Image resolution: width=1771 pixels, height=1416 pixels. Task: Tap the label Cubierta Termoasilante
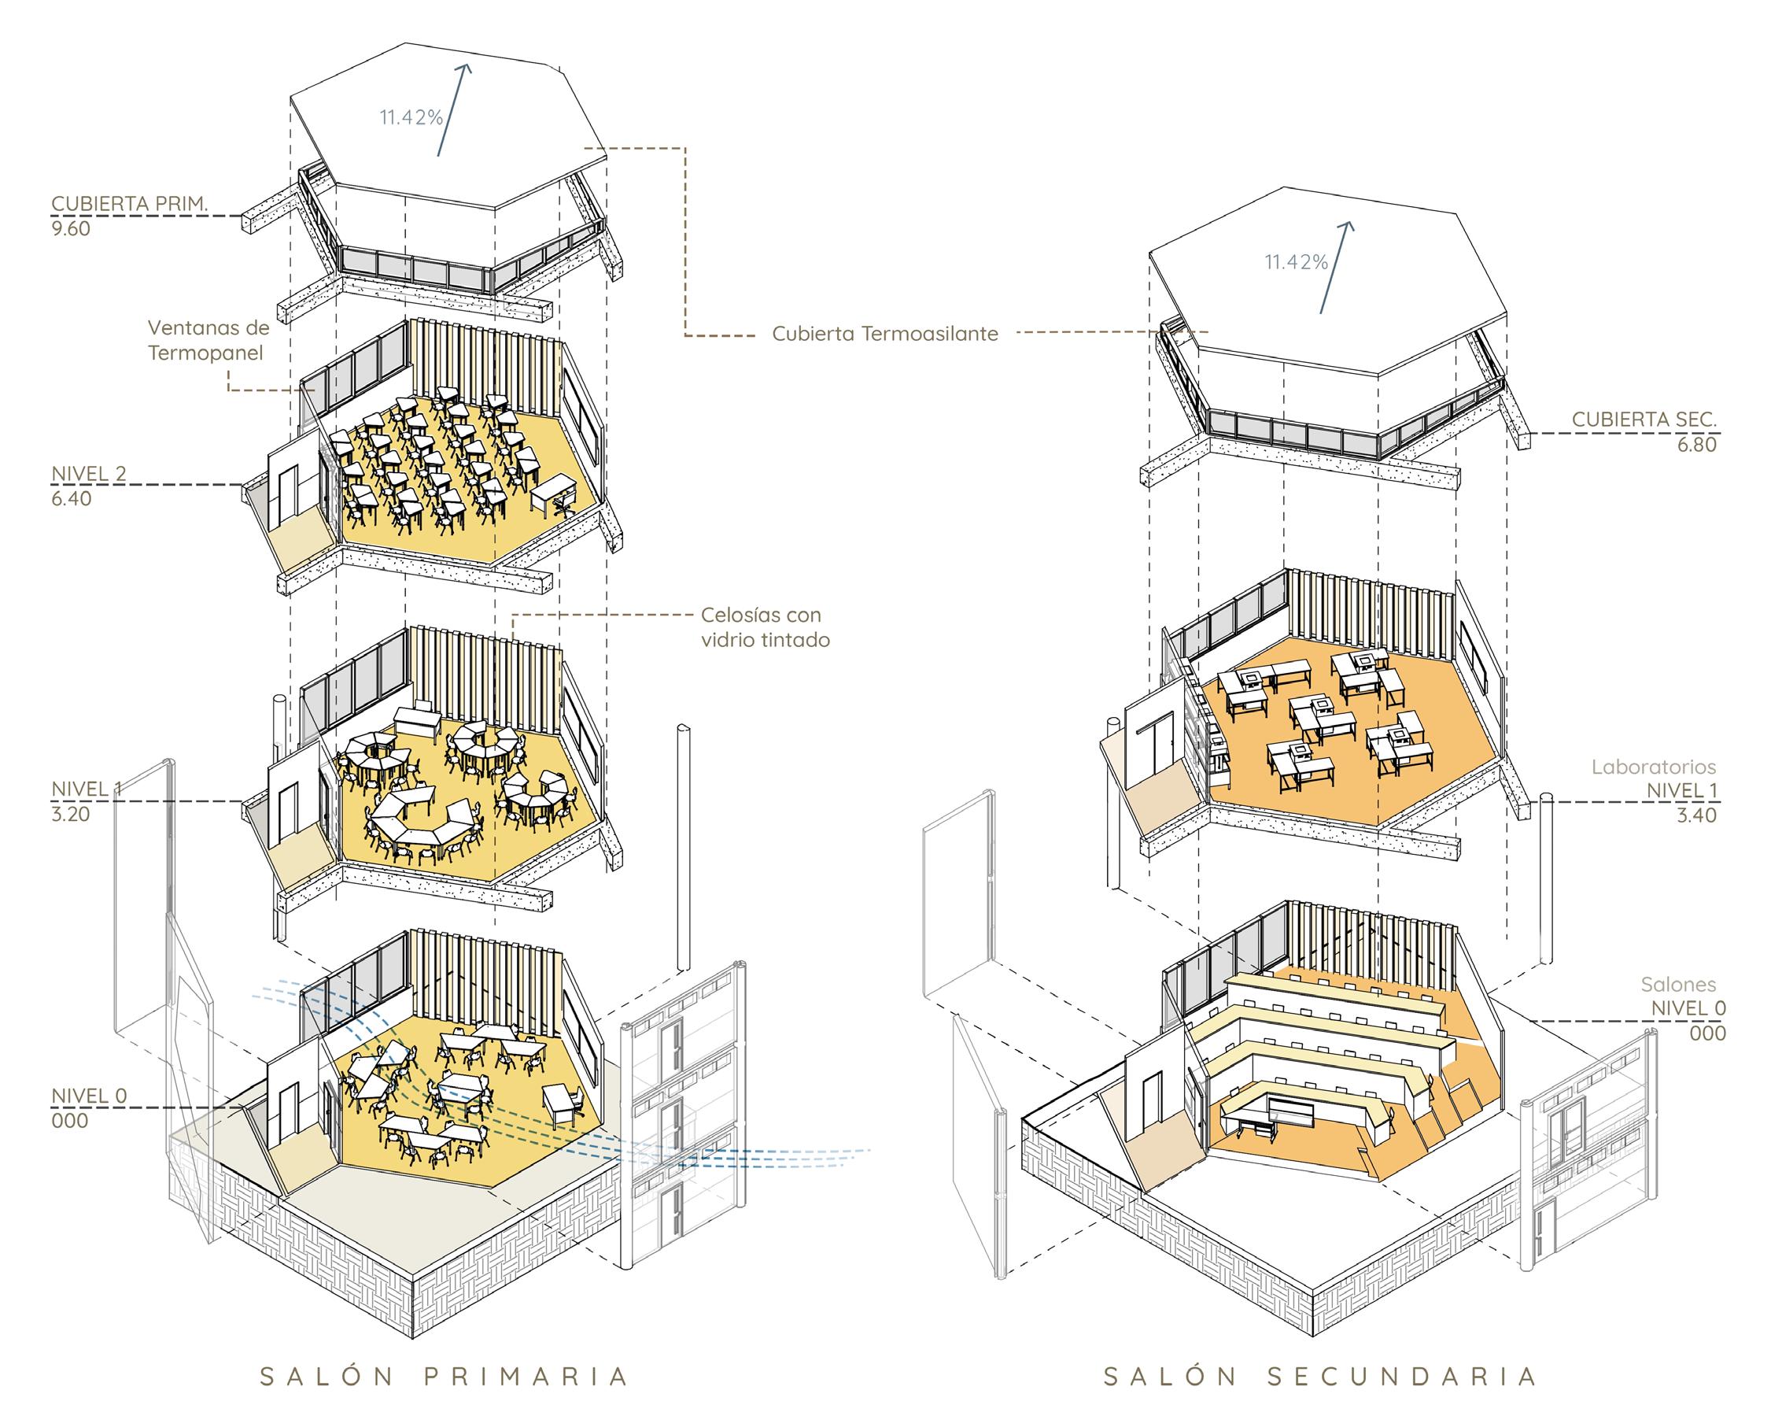click(x=884, y=334)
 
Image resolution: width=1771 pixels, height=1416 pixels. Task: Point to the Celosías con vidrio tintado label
click(x=765, y=627)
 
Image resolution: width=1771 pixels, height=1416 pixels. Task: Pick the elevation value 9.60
click(x=71, y=229)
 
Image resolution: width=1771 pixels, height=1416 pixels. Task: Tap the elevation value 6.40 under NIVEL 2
click(x=71, y=499)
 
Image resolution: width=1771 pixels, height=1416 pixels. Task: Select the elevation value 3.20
click(x=71, y=815)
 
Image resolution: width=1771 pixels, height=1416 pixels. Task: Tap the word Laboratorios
click(x=1654, y=767)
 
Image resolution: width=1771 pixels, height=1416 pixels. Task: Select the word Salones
click(x=1678, y=984)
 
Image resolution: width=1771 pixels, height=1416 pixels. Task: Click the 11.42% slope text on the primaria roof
click(x=411, y=117)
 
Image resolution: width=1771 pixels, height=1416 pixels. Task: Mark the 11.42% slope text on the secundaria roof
click(x=1295, y=262)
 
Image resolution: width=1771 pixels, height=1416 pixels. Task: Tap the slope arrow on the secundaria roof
click(x=1335, y=267)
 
